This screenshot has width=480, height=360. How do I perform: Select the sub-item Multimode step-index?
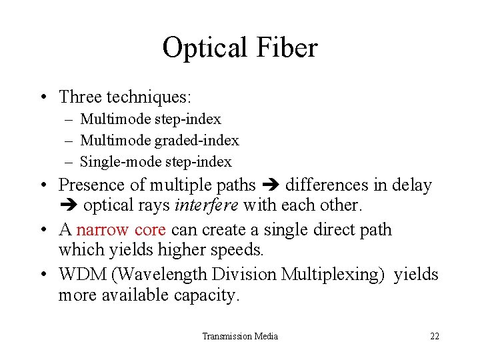click(x=150, y=119)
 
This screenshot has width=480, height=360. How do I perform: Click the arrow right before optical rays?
click(x=69, y=206)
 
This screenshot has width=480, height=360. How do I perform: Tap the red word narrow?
click(x=103, y=230)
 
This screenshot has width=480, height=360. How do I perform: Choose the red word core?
click(x=151, y=230)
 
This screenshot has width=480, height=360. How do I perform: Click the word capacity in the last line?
click(x=206, y=295)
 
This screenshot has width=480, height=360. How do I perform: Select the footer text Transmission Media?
click(x=240, y=336)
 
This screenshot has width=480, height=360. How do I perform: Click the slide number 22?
click(x=435, y=336)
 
